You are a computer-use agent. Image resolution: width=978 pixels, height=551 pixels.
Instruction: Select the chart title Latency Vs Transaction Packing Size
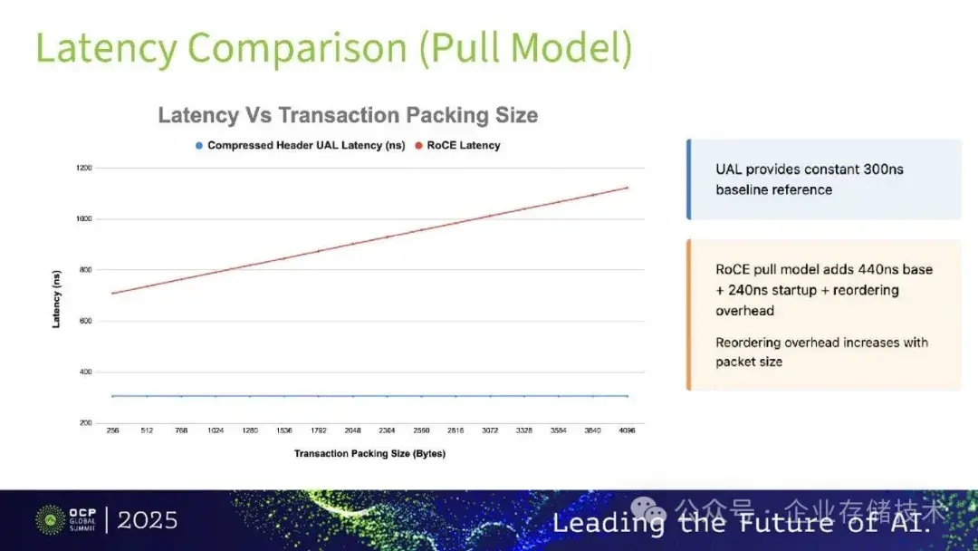pos(348,115)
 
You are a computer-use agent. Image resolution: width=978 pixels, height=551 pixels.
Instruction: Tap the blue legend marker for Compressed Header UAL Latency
pos(197,145)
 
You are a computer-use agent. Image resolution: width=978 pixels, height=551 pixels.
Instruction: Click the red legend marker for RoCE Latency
pos(419,145)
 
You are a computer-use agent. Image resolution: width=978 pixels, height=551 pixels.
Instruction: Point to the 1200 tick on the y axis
pos(83,168)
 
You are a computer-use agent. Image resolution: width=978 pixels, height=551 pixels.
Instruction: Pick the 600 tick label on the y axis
pos(85,321)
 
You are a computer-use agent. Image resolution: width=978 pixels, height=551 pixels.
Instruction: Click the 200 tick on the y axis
pos(85,423)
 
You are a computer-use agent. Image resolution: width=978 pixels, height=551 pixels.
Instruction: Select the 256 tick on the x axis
pos(112,431)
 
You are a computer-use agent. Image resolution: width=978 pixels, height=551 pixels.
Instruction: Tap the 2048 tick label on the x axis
pos(352,431)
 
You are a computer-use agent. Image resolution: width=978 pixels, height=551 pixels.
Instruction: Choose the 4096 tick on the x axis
pos(627,431)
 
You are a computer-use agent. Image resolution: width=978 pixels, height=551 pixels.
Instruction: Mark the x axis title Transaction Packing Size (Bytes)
pos(369,453)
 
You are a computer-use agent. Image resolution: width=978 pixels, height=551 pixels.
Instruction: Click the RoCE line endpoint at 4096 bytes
pos(627,188)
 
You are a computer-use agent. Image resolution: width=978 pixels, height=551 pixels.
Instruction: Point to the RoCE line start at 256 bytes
pos(112,293)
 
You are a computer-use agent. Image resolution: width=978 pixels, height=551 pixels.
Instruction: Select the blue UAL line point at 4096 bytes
pos(627,396)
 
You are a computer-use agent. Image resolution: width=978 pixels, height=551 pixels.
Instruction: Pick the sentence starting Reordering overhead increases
pos(821,352)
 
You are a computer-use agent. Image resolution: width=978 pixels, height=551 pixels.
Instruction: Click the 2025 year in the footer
pos(148,520)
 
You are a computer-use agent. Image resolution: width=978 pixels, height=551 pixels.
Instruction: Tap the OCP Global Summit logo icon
pos(50,520)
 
